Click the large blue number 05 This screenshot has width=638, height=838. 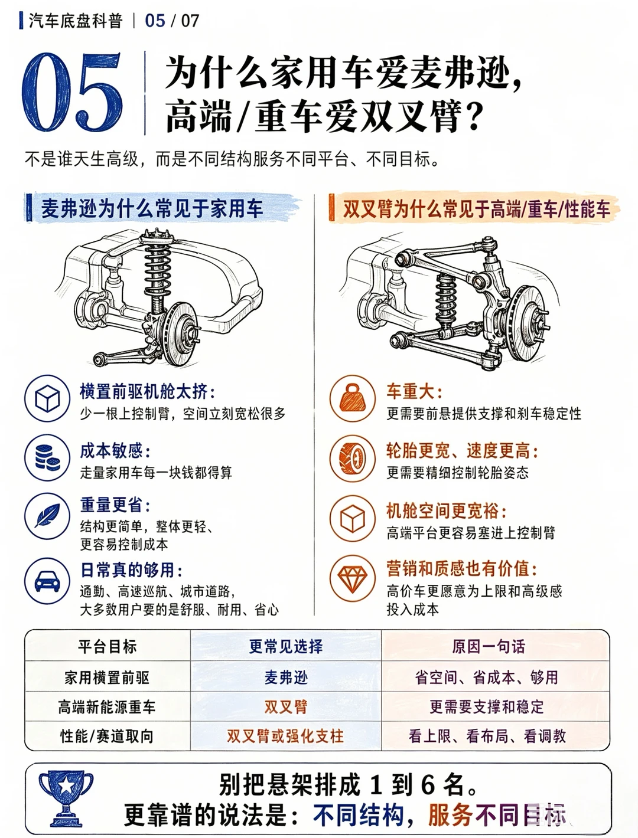tap(73, 91)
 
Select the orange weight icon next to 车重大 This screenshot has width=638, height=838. tap(353, 398)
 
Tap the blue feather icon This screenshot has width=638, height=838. tap(47, 516)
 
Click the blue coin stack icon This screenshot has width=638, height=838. tap(47, 457)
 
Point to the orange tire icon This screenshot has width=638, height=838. tap(353, 458)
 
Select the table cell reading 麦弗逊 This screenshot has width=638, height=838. tap(286, 677)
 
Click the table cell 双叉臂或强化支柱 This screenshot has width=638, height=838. tap(285, 736)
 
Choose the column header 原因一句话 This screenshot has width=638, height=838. tap(488, 647)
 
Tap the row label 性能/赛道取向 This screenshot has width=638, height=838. tap(107, 736)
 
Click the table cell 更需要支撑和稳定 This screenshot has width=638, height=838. tap(487, 706)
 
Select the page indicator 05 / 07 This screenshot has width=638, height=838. tap(172, 21)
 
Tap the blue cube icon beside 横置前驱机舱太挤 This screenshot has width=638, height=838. tap(47, 398)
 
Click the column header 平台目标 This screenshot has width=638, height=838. tap(108, 647)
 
